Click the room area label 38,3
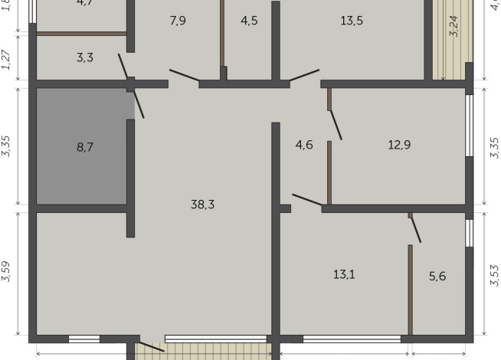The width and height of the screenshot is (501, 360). coord(202,204)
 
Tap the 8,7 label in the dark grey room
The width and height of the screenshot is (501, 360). coord(85,146)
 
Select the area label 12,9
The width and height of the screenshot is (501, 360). coord(399,144)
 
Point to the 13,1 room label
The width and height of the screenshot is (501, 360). coord(344,274)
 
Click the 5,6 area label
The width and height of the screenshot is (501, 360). coord(437,277)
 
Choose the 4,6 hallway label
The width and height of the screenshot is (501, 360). coord(304,144)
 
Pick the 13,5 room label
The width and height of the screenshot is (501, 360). coord(352,21)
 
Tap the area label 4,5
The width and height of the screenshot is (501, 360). coord(249,21)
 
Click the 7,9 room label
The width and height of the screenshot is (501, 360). coord(178,21)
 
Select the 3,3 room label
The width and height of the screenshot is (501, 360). coord(85,57)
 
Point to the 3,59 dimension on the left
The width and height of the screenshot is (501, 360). coord(7,273)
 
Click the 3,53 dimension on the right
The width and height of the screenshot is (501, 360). coord(494,274)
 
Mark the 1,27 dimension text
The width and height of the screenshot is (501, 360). coord(7,61)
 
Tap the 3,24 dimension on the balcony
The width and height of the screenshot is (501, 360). coord(454,27)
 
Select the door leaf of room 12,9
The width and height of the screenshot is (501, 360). coord(335,124)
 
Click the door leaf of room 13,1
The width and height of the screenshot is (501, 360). coord(307,199)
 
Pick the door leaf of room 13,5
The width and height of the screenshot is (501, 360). coord(303,75)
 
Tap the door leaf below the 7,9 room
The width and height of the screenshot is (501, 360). coord(185,75)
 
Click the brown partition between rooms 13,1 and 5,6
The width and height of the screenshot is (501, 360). coord(411,290)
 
